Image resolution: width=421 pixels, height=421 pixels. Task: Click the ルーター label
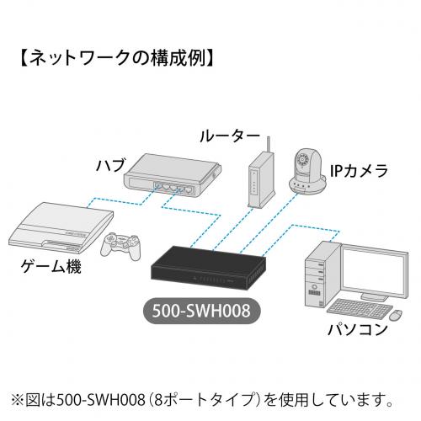229,136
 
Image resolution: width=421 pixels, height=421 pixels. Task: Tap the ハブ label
110,165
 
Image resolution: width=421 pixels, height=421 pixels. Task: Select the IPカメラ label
359,170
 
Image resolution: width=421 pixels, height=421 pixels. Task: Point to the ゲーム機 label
51,266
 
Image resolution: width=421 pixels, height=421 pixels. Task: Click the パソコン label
358,329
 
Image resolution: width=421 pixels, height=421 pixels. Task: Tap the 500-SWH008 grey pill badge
201,311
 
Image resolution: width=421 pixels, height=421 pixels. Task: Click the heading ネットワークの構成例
117,58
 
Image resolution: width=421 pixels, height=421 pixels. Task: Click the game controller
120,246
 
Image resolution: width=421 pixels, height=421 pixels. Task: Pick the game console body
61,227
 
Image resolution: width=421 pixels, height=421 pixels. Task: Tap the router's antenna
269,145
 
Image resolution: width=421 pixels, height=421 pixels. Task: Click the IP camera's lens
303,160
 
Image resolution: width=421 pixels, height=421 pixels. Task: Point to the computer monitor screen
374,269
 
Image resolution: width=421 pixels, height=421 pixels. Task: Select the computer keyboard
360,309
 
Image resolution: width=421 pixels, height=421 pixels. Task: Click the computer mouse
396,315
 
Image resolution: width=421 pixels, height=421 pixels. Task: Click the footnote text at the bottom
202,400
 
